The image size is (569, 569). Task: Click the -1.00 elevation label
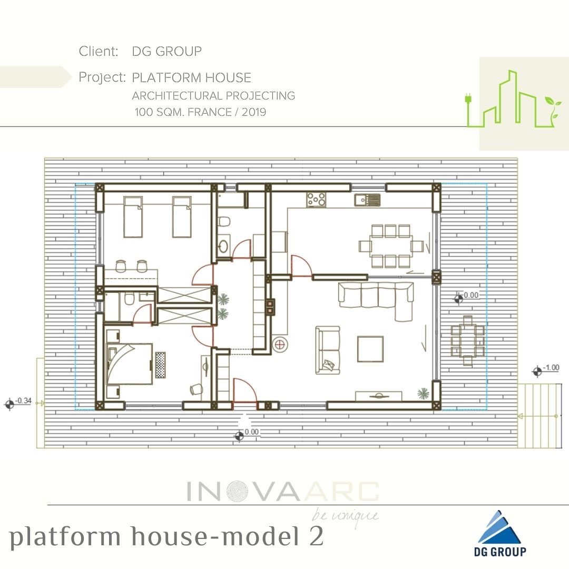click(551, 368)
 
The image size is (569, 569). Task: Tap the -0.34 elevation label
click(23, 400)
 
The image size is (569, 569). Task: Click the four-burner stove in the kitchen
click(316, 200)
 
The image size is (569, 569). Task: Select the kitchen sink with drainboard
click(367, 200)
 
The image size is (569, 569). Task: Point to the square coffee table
click(370, 349)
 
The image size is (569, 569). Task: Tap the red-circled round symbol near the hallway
click(279, 345)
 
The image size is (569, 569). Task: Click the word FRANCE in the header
click(209, 112)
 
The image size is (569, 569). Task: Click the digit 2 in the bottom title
click(317, 536)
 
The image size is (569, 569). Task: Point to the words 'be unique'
click(345, 516)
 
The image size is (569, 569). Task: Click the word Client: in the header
click(99, 51)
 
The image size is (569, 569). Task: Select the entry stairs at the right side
click(539, 416)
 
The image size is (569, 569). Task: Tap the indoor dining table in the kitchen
click(391, 246)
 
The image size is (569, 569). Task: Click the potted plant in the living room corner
click(423, 394)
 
